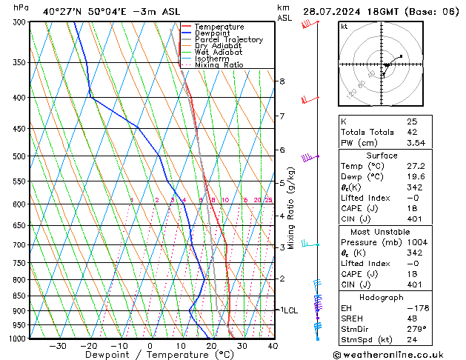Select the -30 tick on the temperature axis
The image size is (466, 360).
coord(58,346)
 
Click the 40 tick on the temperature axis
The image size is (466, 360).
coord(273,346)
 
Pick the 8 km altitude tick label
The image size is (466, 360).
coord(282,81)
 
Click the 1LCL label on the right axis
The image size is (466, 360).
coord(287,310)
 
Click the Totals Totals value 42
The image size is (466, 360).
coord(411,132)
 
